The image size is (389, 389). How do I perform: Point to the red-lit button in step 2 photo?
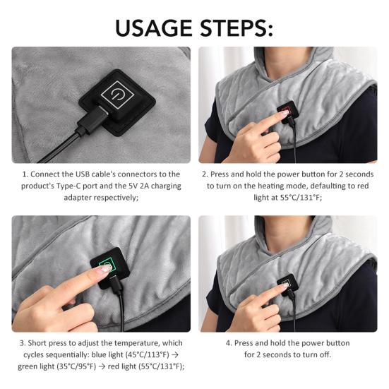pos(284,114)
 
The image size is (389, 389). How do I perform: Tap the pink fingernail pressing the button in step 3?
pos(104,269)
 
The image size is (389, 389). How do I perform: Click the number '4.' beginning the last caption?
pos(228,342)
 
